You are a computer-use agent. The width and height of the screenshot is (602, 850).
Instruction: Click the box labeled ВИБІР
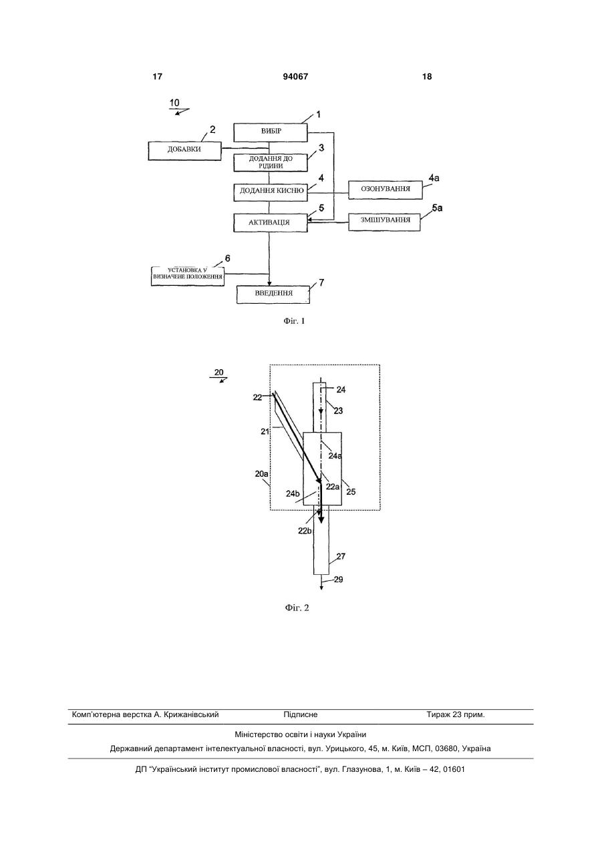[x=271, y=132]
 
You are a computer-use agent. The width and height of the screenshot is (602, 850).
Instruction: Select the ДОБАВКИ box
[x=184, y=151]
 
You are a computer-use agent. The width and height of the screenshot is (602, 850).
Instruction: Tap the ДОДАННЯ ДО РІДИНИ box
[x=271, y=162]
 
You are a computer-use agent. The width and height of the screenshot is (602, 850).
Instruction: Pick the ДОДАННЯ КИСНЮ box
[x=271, y=192]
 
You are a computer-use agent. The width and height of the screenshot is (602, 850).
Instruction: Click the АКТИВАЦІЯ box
[x=271, y=223]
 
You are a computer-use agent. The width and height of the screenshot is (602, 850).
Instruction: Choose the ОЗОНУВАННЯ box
[x=386, y=190]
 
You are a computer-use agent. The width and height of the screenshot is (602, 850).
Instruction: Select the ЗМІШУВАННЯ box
[x=384, y=221]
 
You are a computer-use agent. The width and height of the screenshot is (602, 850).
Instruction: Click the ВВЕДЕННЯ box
[x=273, y=294]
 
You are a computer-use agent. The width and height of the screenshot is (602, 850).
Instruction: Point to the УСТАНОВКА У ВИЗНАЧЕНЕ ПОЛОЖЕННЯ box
[x=188, y=276]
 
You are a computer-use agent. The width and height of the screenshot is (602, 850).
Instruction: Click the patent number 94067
[x=295, y=77]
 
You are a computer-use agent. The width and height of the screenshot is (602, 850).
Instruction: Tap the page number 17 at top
[x=157, y=77]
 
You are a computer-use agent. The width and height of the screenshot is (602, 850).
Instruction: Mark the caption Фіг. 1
[x=295, y=321]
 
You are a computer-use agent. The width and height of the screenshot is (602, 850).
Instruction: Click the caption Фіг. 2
[x=297, y=608]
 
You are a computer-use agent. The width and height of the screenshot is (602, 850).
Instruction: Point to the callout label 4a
[x=434, y=178]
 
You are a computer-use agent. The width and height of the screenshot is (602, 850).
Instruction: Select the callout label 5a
[x=437, y=208]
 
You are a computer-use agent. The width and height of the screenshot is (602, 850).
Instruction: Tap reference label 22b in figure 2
[x=305, y=531]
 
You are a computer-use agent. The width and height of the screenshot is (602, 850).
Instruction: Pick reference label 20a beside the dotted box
[x=261, y=473]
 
